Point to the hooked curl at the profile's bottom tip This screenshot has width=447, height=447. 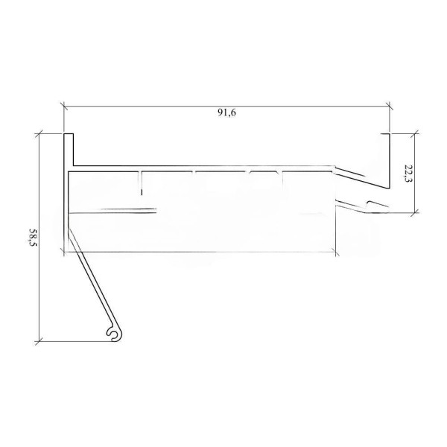click(112, 334)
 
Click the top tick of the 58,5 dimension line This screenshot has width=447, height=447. click(37, 133)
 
